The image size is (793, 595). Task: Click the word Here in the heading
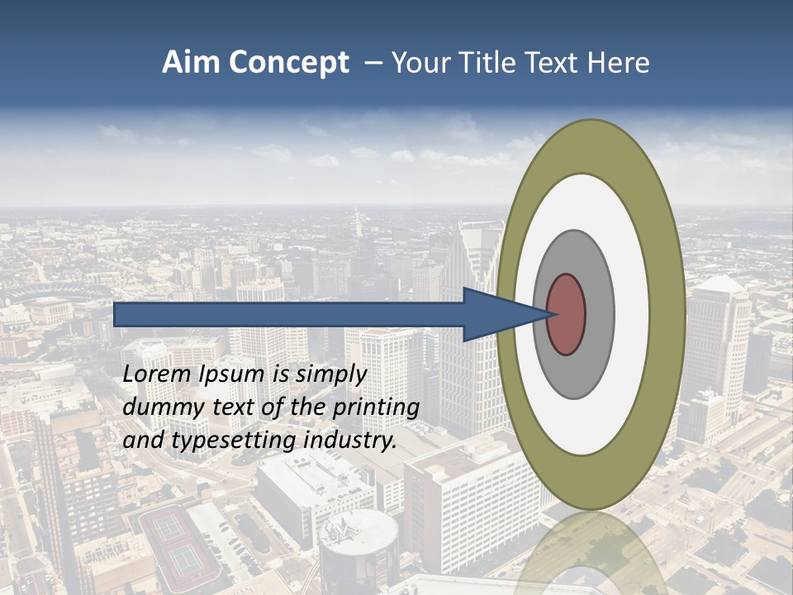(x=618, y=63)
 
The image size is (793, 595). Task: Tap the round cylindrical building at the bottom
(x=359, y=550)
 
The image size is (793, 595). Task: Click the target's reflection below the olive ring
(x=591, y=550)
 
